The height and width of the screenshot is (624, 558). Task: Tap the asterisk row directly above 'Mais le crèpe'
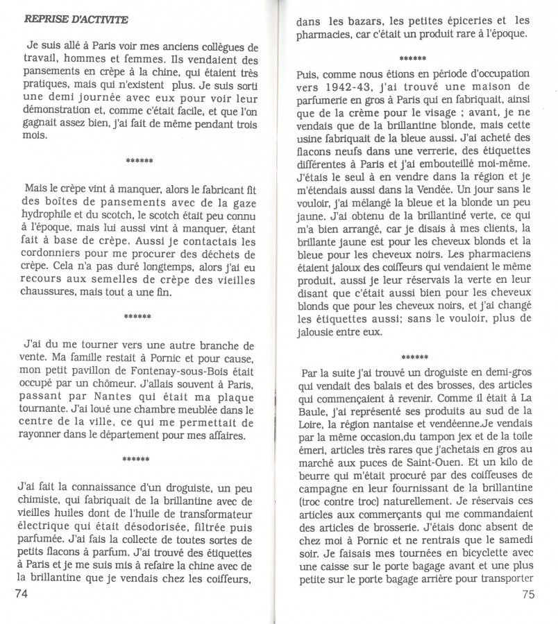pyautogui.click(x=139, y=162)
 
